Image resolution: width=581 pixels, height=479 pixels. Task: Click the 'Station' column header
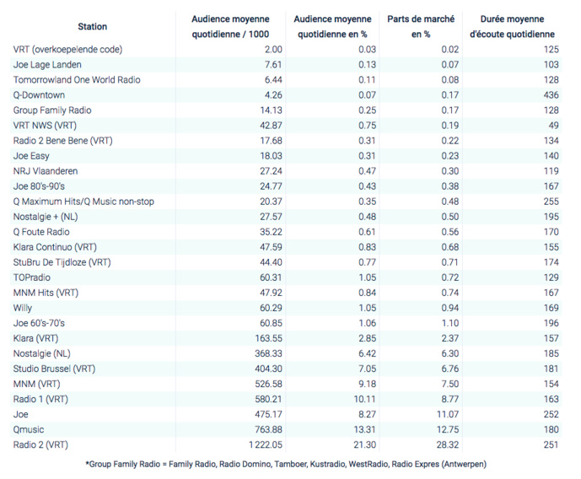[92, 27]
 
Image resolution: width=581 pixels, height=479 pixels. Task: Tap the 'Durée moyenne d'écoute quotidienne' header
[512, 27]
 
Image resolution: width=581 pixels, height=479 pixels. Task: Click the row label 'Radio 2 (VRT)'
[40, 444]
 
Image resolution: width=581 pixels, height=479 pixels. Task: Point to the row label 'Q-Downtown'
[40, 95]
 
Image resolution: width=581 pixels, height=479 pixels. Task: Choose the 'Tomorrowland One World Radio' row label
[77, 80]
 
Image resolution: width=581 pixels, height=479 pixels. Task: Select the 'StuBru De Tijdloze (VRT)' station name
[62, 262]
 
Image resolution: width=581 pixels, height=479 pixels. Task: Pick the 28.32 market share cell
[446, 444]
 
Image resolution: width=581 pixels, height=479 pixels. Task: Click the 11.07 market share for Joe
[446, 414]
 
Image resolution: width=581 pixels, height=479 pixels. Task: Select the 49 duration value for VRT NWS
[554, 126]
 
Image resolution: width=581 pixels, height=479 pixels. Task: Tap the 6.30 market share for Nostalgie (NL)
[449, 353]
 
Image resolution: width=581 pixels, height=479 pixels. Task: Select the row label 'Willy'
[24, 308]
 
